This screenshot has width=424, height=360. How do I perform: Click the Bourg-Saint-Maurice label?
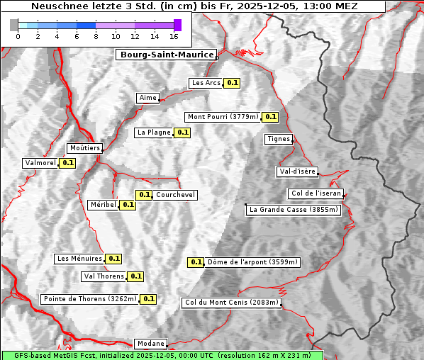166,55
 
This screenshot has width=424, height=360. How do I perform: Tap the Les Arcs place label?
206,83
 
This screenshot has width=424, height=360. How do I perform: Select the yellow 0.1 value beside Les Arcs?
232,83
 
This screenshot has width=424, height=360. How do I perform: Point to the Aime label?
148,98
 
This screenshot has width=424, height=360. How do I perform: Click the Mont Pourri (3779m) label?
223,117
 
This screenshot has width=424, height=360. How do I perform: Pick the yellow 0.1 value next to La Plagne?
183,133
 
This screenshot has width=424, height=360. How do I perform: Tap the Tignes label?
279,139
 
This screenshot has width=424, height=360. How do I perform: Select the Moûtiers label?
84,148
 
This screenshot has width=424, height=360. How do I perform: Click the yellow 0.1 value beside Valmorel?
67,163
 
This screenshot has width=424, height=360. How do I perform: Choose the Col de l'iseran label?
317,193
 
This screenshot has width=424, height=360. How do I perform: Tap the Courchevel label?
176,195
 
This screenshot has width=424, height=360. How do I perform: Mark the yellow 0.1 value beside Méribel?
128,205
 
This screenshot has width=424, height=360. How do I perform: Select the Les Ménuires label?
79,259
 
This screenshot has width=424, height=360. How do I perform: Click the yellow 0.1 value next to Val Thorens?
136,276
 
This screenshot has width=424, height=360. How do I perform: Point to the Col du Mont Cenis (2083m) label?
232,303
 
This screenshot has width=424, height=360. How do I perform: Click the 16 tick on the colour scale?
174,36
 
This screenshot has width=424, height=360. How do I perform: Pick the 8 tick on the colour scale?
96,36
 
